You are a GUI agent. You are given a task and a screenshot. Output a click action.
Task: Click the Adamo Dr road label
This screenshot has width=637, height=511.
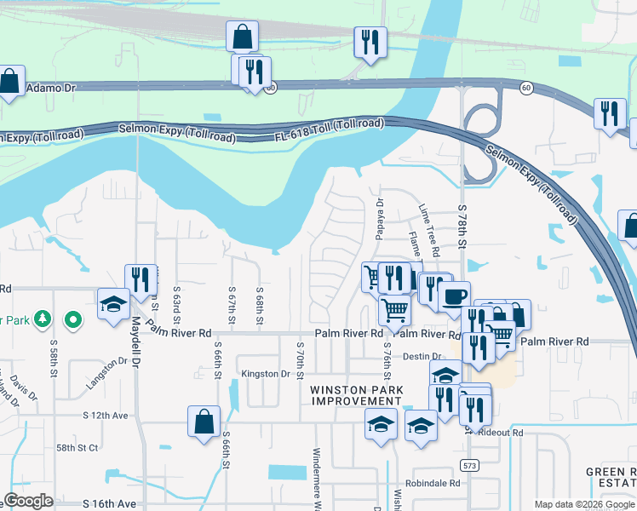[x=52, y=88]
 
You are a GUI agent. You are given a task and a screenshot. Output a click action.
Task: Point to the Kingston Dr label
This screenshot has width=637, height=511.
[x=266, y=374]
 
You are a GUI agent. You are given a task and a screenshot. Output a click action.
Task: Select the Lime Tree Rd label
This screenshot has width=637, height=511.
[x=428, y=230]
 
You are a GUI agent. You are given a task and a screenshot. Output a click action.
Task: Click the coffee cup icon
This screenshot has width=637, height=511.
[x=454, y=296]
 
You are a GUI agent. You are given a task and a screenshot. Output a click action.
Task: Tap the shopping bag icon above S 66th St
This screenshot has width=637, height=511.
[x=204, y=422]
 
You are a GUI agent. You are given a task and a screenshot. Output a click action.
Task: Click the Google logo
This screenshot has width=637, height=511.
[x=28, y=501]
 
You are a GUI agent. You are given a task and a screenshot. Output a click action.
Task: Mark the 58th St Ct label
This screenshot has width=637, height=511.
[x=77, y=447]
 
